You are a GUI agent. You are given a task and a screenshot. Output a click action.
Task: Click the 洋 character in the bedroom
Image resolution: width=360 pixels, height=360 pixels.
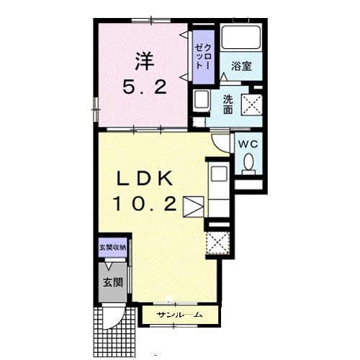pos(144,61)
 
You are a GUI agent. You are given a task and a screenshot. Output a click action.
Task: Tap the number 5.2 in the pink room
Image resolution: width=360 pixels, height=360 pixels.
pos(145,87)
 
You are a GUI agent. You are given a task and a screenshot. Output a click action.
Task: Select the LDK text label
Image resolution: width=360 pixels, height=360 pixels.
pos(145,179)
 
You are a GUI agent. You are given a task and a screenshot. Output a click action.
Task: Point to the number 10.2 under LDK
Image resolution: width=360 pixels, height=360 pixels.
pos(145,204)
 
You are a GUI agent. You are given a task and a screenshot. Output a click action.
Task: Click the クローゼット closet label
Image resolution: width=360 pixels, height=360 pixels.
pos(203,57)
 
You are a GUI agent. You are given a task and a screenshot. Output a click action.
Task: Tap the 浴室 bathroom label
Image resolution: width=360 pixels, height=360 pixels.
pos(241,66)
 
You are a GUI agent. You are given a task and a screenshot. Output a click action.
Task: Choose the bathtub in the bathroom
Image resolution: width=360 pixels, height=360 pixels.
pos(241,37)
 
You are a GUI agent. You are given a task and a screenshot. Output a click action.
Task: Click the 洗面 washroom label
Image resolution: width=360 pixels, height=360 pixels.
pos(228,104)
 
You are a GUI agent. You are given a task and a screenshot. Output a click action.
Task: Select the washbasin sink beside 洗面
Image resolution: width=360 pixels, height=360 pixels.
pos(202,99)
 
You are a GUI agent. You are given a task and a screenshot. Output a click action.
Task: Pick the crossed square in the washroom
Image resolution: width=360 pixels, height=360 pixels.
pos(252,105)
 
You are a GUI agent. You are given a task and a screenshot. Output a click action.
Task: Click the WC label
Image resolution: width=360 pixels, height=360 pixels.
pos(248,144)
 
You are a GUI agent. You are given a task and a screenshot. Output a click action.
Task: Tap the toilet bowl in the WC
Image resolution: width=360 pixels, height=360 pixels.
pos(248,164)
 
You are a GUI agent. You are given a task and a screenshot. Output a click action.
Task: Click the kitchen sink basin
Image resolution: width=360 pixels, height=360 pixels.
pos(219,174)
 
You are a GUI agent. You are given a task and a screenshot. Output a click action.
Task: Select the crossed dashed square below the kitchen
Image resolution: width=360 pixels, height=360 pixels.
pos(218,243)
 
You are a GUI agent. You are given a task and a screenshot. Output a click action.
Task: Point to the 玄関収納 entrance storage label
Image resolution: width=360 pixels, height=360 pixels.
pos(113,248)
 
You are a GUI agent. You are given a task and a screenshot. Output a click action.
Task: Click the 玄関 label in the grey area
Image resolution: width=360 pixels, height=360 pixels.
pos(113,282)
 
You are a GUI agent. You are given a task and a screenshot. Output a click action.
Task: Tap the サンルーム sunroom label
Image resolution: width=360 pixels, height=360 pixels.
pos(179,315)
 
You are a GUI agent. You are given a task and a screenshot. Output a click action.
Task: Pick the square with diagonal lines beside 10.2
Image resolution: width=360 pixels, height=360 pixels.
pos(194,207)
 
